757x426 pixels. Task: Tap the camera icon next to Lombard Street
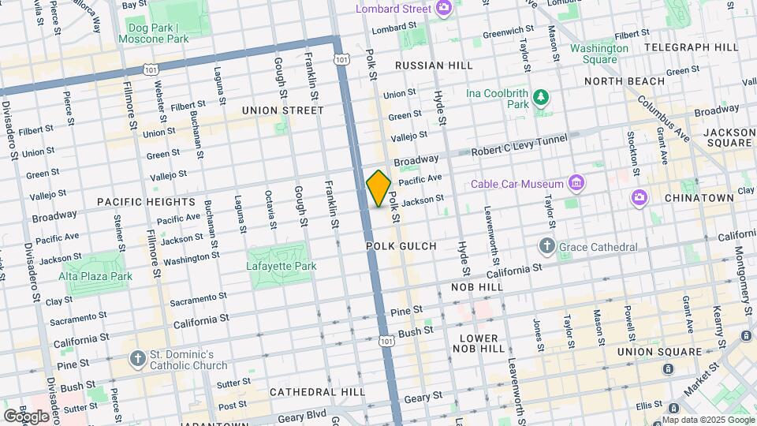click(444, 9)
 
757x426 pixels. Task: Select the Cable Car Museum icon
click(577, 184)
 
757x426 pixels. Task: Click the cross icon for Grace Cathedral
click(546, 247)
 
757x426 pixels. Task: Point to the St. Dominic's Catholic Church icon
click(138, 359)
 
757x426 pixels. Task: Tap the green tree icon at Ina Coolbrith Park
click(541, 98)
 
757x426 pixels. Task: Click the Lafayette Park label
click(282, 267)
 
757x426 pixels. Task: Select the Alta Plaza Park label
click(95, 276)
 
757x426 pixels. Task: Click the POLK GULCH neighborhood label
click(401, 247)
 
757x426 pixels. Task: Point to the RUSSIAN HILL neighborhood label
click(434, 65)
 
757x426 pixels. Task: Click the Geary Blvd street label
click(304, 414)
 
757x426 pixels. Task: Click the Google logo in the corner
click(26, 416)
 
